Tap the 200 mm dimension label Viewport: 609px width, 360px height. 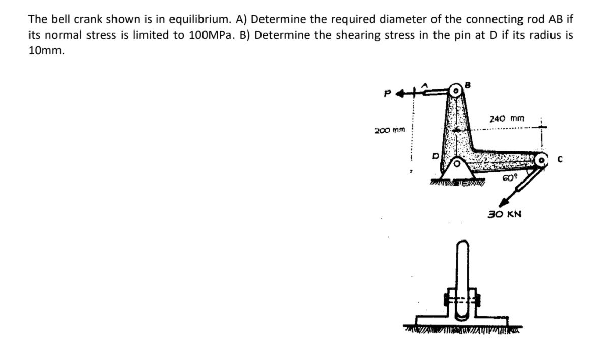pyautogui.click(x=389, y=130)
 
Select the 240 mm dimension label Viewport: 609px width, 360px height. pyautogui.click(x=506, y=119)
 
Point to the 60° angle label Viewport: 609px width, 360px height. pyautogui.click(x=509, y=177)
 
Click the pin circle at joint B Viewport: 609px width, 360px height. pyautogui.click(x=456, y=92)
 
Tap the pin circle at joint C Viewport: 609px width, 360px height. pyautogui.click(x=542, y=160)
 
